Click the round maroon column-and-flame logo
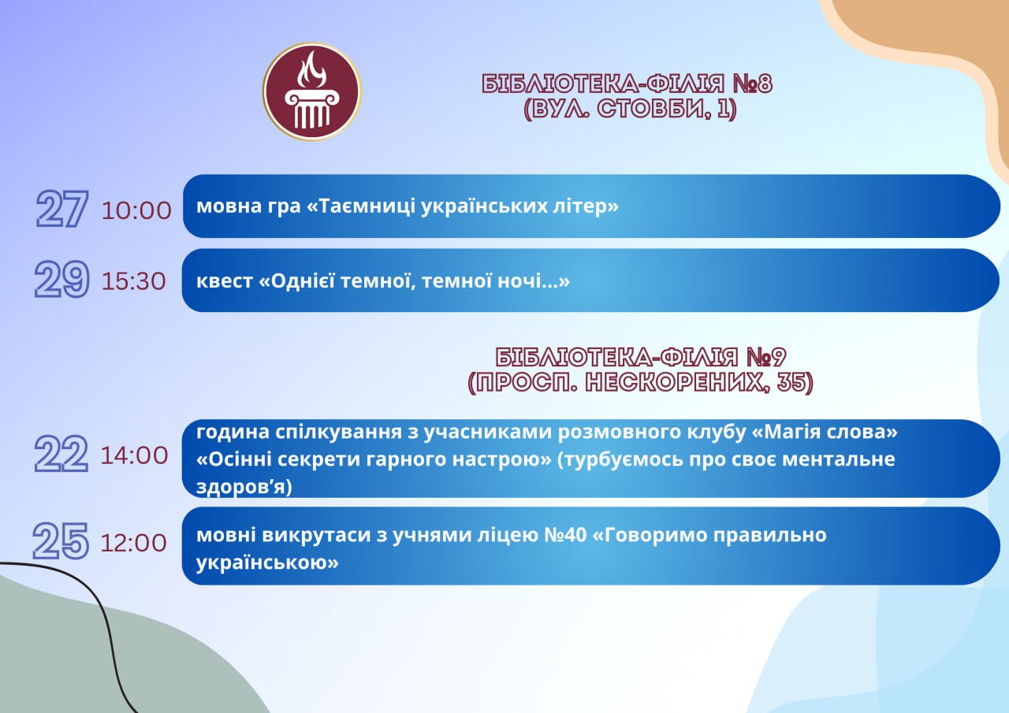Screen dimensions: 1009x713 coord(312,91)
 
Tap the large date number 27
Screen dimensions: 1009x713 coord(62,209)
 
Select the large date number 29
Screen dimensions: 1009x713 coord(62,279)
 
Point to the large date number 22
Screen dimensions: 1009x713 coord(61,454)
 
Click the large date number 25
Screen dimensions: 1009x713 coord(61,541)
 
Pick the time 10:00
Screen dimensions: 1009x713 coord(136,210)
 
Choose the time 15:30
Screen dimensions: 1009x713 coord(134,281)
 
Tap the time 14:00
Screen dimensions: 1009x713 coord(134,455)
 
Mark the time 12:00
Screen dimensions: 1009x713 coord(134,543)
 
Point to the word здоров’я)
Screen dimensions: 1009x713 coord(244,487)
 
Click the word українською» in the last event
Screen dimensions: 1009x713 coord(267,563)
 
